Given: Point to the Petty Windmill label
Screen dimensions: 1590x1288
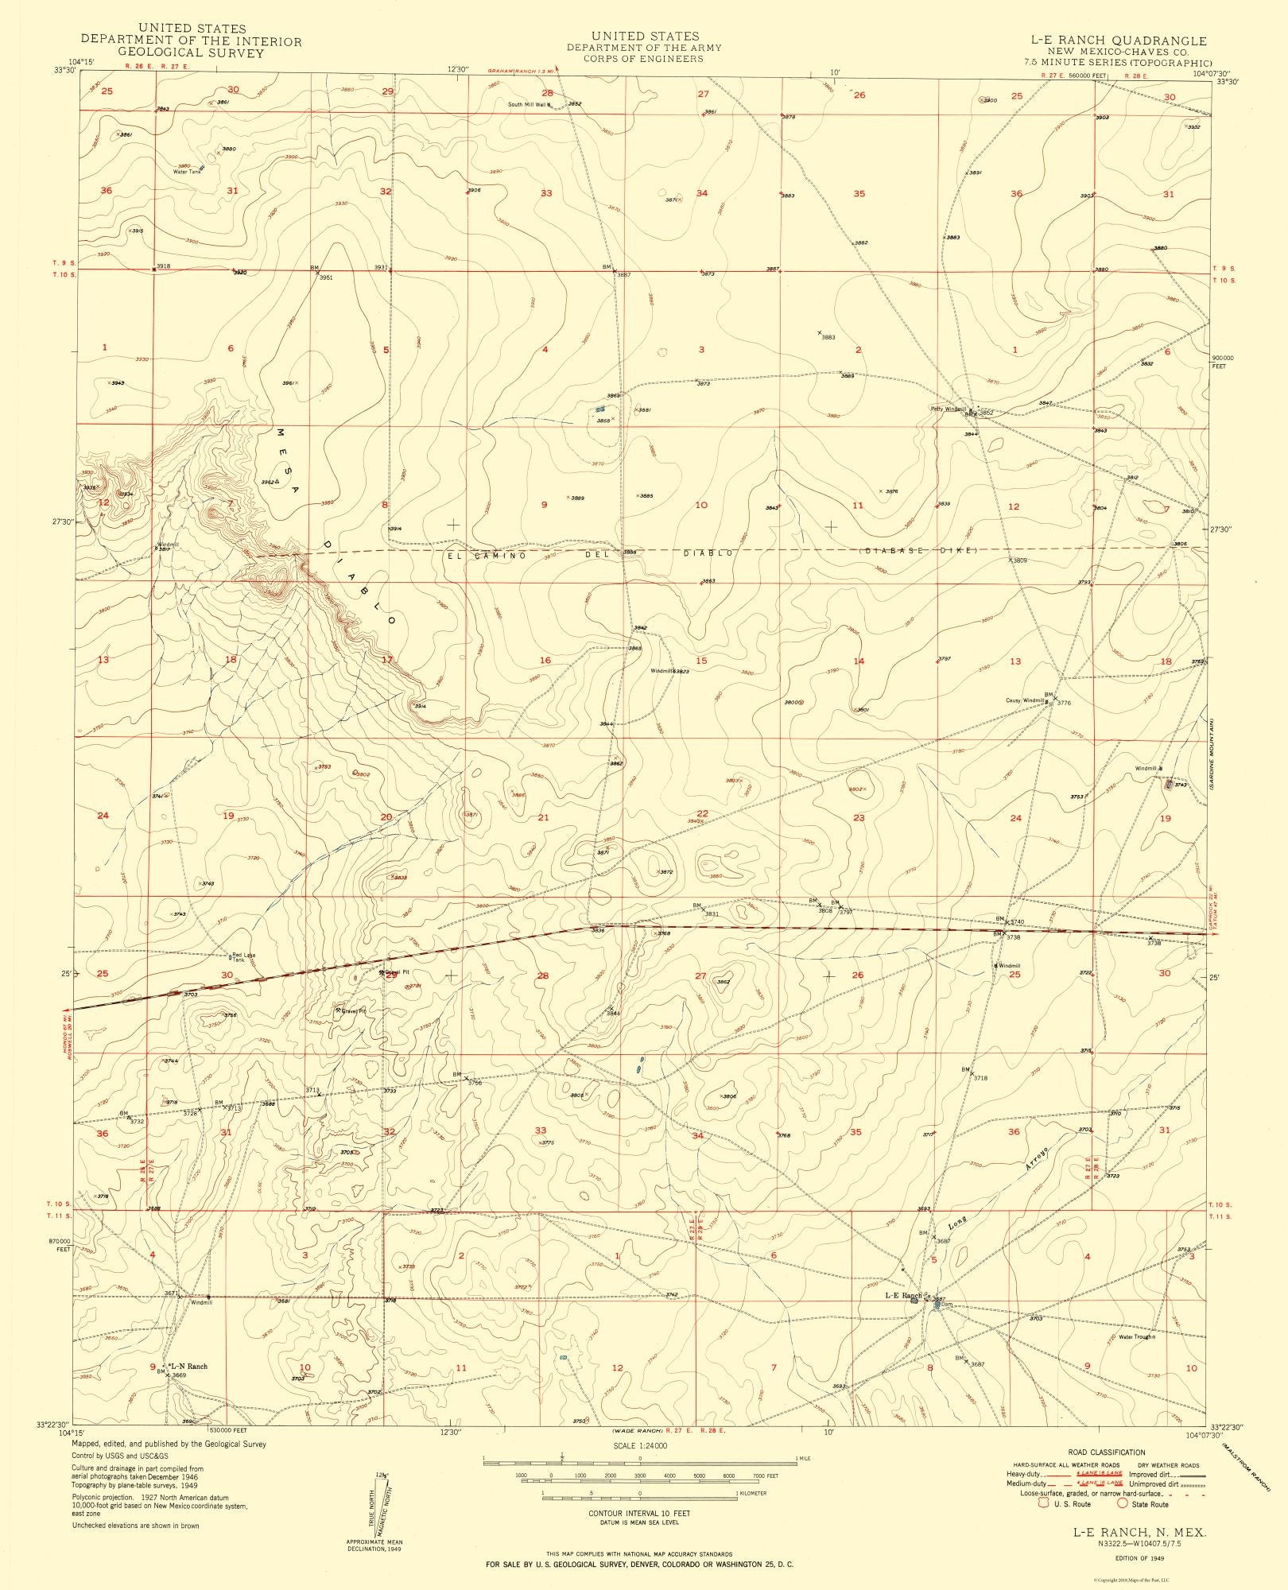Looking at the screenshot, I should click(948, 409).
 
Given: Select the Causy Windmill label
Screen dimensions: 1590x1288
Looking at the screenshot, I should click(1023, 700).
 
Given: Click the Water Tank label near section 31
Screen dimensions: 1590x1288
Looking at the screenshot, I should click(187, 172).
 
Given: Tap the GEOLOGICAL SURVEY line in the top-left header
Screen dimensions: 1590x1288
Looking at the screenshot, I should click(191, 53).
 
